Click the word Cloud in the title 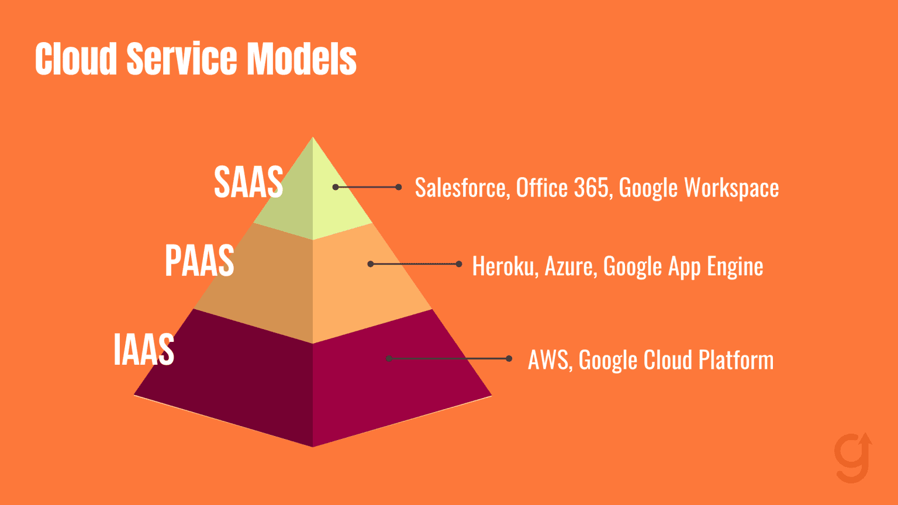tap(76, 59)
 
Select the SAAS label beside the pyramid tap(248, 182)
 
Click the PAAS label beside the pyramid tap(199, 261)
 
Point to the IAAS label tap(144, 350)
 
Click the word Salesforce tap(461, 188)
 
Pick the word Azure tap(571, 267)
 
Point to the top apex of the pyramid tap(313, 138)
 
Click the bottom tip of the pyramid tap(313, 446)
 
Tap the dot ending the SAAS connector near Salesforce tap(399, 187)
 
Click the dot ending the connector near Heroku tap(459, 264)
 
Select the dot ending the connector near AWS tap(509, 358)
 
